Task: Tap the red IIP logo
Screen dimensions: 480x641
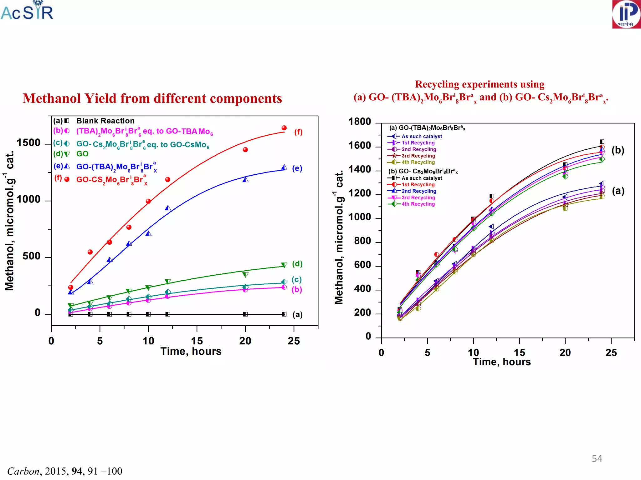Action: [626, 14]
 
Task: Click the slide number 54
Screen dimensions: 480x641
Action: [597, 458]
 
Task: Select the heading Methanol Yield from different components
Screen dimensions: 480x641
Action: [152, 98]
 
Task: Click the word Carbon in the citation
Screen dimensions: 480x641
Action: [23, 471]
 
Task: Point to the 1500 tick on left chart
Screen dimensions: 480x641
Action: [28, 143]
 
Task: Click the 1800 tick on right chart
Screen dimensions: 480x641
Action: [360, 122]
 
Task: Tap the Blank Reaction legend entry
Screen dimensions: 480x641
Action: [105, 121]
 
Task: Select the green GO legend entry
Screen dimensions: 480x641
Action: [82, 154]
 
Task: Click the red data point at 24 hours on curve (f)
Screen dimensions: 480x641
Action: [284, 128]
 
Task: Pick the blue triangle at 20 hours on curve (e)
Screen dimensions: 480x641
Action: [245, 180]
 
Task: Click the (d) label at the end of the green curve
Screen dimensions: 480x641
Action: [297, 264]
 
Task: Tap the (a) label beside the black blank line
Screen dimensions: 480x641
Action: [297, 314]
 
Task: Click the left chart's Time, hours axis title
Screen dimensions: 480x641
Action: [191, 351]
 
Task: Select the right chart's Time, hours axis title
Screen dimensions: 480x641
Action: [502, 362]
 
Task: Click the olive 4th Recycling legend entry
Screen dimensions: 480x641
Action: [418, 162]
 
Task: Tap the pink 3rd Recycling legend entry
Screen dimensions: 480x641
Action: [418, 197]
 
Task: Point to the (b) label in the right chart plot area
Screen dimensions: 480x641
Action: [618, 150]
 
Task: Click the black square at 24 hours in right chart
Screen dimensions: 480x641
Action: [602, 142]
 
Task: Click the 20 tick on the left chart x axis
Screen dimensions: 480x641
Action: [245, 341]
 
